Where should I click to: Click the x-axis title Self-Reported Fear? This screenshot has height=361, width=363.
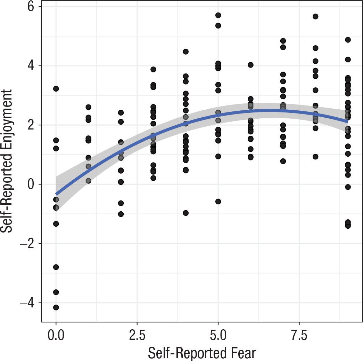(202, 353)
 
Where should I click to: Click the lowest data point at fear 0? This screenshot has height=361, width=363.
(56, 307)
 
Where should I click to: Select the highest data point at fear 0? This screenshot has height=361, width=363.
(56, 89)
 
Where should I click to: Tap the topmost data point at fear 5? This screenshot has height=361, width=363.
(218, 15)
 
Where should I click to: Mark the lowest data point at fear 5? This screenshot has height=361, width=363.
(218, 202)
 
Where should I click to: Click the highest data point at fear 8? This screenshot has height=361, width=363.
(315, 16)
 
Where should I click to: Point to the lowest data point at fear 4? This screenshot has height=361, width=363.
(185, 213)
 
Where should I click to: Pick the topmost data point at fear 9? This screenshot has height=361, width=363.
(348, 40)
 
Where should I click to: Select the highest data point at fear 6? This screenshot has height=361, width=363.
(250, 65)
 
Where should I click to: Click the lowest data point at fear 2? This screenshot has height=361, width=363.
(121, 214)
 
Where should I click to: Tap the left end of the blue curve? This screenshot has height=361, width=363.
(56, 194)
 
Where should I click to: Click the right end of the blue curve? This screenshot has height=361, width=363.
(348, 121)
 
